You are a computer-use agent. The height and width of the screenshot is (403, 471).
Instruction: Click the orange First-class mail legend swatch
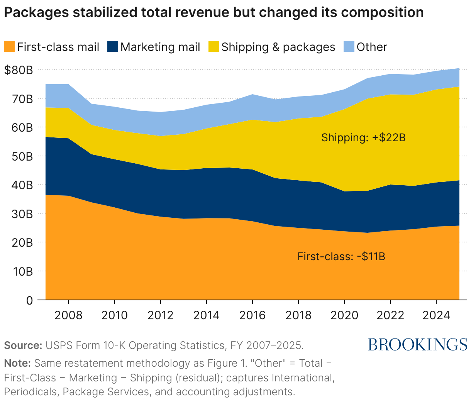10,47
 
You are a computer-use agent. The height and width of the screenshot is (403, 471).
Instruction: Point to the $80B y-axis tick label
19,70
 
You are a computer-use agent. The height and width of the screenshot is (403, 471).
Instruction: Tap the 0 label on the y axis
29,300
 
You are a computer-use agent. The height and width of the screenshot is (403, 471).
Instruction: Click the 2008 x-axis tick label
68,315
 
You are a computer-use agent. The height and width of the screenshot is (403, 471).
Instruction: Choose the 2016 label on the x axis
252,315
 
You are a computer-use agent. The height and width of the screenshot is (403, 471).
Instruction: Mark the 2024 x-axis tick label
436,315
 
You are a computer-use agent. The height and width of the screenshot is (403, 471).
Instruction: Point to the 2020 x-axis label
344,315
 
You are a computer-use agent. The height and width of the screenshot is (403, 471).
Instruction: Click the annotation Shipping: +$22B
363,137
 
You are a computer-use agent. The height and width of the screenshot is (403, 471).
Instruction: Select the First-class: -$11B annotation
341,256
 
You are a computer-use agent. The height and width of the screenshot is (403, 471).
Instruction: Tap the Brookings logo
417,344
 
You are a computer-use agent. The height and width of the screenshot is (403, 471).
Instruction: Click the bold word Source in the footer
23,345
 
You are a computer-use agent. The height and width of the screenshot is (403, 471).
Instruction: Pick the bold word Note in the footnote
17,363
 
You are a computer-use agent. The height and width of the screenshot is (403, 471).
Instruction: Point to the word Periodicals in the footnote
32,392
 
